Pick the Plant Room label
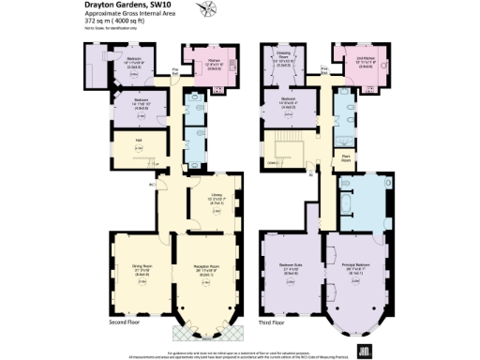click(346, 158)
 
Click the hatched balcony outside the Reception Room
click(200, 332)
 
